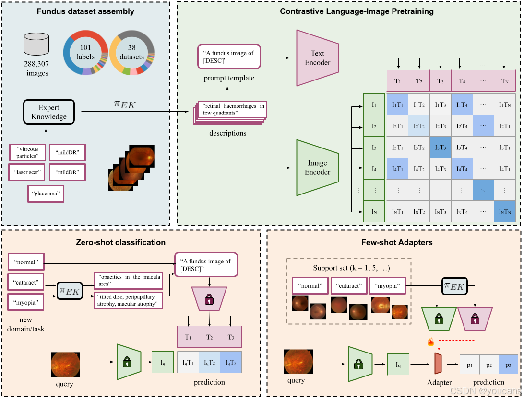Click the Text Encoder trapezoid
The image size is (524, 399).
[x=317, y=57]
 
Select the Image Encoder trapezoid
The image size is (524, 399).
[x=317, y=168]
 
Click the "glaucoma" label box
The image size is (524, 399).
[x=46, y=194]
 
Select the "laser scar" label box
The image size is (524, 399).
[x=26, y=171]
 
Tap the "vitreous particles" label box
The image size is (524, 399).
[x=27, y=152]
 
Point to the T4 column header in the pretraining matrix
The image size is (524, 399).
[x=462, y=81]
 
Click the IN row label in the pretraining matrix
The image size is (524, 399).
[x=374, y=211]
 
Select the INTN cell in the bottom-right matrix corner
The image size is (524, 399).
[x=505, y=211]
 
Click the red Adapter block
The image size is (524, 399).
[x=438, y=364]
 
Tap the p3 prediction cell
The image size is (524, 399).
[x=508, y=365]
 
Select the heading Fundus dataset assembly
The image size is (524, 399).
[x=85, y=11]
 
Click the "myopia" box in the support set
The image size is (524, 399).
[x=388, y=285]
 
